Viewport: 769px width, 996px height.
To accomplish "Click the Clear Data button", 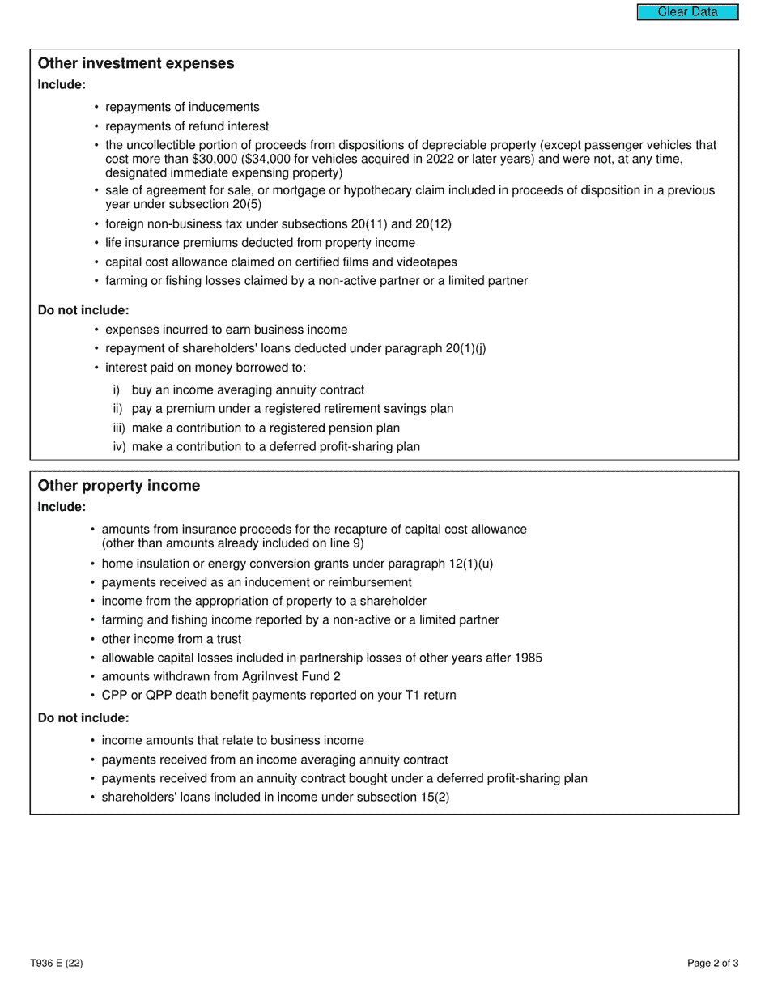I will click(687, 12).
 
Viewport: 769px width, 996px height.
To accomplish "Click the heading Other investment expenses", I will click(136, 63).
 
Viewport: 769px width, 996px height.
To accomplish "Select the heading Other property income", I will click(118, 486).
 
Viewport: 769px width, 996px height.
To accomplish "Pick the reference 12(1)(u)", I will click(470, 564).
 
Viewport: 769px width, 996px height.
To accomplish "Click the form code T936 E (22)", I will click(57, 963).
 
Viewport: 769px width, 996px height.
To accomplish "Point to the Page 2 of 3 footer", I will click(712, 963).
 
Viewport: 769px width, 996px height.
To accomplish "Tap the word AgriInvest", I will click(272, 676).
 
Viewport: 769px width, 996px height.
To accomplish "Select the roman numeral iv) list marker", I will click(119, 447).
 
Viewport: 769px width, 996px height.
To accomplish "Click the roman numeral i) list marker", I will click(117, 390).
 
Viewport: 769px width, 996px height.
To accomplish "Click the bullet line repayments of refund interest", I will click(187, 126).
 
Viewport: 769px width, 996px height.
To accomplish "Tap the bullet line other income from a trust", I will click(171, 639).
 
